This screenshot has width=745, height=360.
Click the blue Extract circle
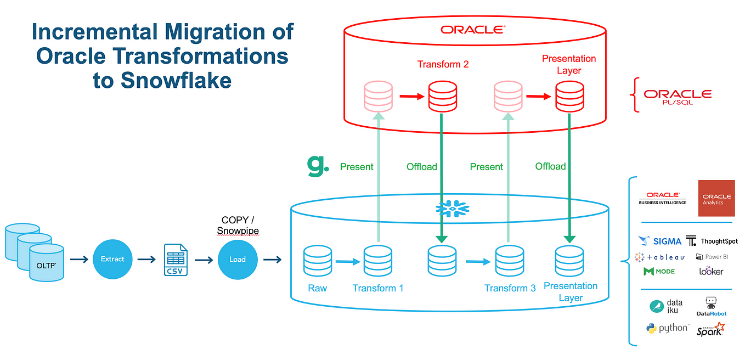pos(112,259)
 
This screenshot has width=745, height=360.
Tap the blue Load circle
pos(238,260)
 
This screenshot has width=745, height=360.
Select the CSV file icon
pos(176,260)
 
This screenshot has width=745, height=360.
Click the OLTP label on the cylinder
pos(46,266)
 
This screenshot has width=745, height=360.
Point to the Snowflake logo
pos(452,209)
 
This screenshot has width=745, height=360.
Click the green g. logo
pos(318,166)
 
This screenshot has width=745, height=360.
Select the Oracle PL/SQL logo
pos(678,97)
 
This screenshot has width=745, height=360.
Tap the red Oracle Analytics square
pos(716,198)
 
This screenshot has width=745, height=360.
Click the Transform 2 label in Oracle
pos(443,64)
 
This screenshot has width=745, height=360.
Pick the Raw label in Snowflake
pos(317,288)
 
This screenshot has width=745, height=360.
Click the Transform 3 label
pos(510,288)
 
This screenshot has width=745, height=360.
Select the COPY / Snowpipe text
pos(238,225)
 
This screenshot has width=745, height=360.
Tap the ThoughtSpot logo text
pos(719,241)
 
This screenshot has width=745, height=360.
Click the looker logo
pos(711,271)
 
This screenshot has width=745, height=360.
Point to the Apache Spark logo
pos(710,329)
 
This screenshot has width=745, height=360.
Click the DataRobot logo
pos(712,307)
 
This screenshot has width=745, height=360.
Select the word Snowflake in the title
pos(176,81)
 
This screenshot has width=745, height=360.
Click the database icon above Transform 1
pos(378,261)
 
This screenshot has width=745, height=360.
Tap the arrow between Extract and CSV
pos(146,259)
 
